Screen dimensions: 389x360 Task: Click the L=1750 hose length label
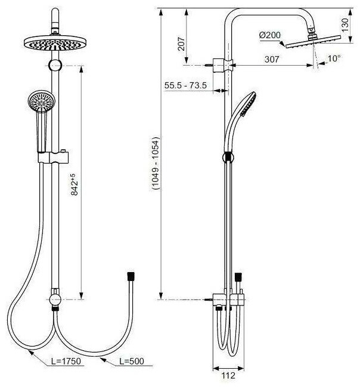tap(66, 362)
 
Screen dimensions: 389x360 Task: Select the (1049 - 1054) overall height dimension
tap(154, 163)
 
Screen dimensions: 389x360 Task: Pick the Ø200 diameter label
tap(270, 35)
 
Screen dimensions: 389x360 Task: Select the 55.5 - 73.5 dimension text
tap(185, 85)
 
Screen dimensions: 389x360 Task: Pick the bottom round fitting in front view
tap(55, 297)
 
